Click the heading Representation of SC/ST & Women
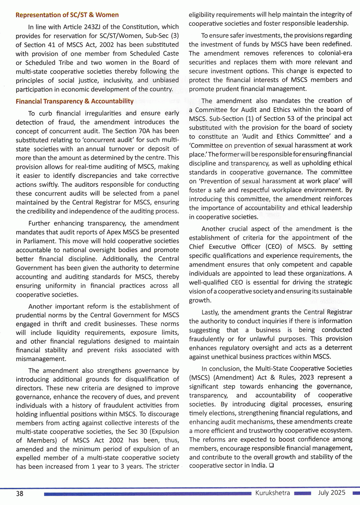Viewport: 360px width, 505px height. click(67, 15)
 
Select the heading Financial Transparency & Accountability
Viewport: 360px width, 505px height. click(75, 101)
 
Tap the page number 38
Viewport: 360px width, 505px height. click(19, 493)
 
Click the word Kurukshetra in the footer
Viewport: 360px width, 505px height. click(272, 493)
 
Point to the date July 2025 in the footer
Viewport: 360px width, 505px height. click(332, 493)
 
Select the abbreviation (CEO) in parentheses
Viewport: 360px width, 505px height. click(274, 247)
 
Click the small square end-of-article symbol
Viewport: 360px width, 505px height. click(271, 466)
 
